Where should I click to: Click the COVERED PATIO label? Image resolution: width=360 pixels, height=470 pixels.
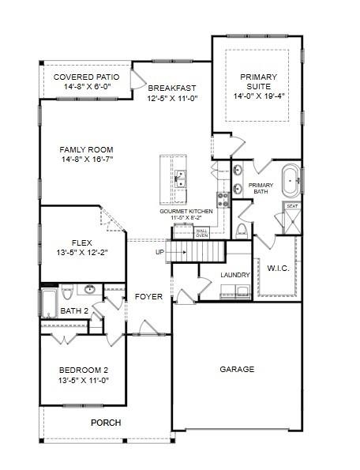[86, 77]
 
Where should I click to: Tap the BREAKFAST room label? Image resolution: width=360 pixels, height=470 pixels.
[171, 88]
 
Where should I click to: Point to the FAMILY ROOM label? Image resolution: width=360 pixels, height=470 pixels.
[87, 149]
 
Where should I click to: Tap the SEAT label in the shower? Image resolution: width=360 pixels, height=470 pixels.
[291, 206]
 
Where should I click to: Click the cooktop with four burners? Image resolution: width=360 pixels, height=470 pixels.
[223, 198]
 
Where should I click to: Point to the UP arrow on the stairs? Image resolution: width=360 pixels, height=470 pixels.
[160, 253]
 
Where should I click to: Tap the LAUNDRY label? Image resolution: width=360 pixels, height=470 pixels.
[235, 275]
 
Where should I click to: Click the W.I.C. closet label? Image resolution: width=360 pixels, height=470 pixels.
[278, 268]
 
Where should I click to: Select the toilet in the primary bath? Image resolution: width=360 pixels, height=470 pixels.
[241, 230]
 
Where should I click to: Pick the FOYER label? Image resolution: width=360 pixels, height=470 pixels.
[148, 297]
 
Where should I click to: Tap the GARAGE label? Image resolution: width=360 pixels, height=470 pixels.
[237, 369]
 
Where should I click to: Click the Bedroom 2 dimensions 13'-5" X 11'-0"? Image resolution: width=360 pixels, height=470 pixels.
[83, 379]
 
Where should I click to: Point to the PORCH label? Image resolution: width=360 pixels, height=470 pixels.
[106, 423]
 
